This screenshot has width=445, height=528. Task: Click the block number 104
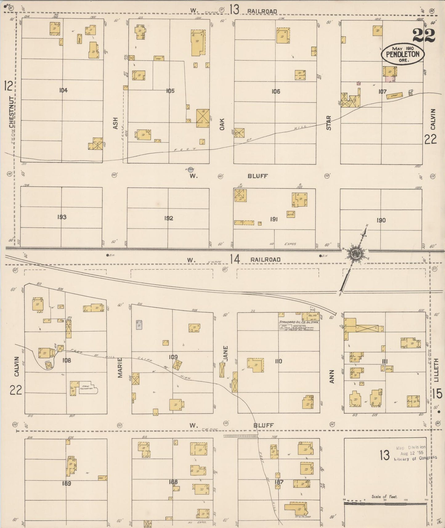[x=63, y=90]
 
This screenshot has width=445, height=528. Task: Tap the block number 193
[x=62, y=217]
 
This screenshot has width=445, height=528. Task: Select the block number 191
[x=274, y=219]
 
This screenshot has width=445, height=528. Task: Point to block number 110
[x=278, y=361]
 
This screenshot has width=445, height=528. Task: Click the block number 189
[x=67, y=483]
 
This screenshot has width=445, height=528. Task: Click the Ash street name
[x=115, y=123]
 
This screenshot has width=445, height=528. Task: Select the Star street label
[x=329, y=123]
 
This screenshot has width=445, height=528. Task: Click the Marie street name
[x=120, y=368]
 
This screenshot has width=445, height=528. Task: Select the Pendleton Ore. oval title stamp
[x=403, y=54]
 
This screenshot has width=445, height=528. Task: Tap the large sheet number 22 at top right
[x=424, y=35]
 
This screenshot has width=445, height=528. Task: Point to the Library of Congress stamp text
[x=415, y=458]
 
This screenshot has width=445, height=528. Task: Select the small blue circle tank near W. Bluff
[x=191, y=169]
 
